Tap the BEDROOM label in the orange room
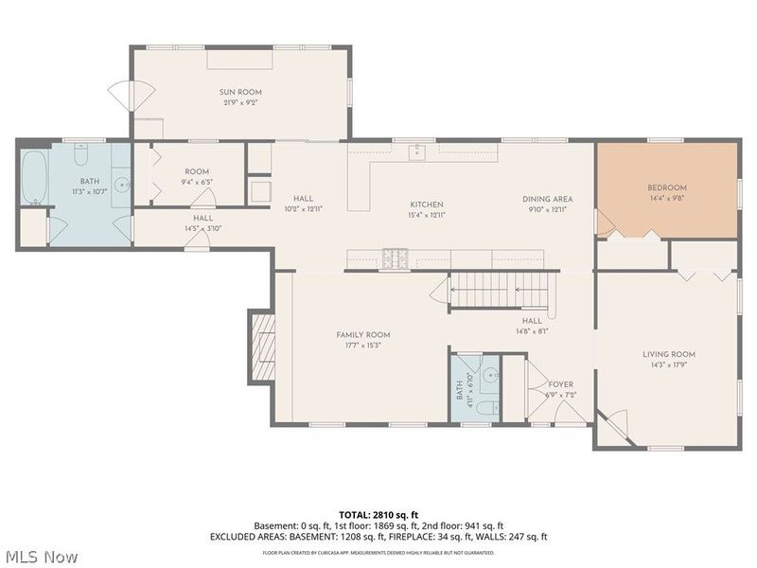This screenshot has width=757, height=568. [666, 187]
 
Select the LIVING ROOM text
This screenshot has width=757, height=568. [669, 354]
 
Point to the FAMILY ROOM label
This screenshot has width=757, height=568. [363, 335]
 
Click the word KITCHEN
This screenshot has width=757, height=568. [426, 204]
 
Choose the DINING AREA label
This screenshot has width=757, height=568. [548, 200]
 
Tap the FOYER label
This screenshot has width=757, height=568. [560, 384]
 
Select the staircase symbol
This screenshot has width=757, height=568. [499, 287]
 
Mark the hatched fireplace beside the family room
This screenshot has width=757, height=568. [262, 346]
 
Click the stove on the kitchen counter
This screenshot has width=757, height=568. [396, 257]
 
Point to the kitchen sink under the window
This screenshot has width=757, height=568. [417, 151]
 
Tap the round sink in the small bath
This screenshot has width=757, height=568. [488, 376]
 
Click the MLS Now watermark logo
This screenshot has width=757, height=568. [41, 556]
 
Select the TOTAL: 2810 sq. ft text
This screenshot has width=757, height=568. [378, 515]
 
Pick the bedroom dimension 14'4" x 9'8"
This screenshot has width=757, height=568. [666, 199]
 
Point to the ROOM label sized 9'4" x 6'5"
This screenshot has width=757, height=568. [196, 171]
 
